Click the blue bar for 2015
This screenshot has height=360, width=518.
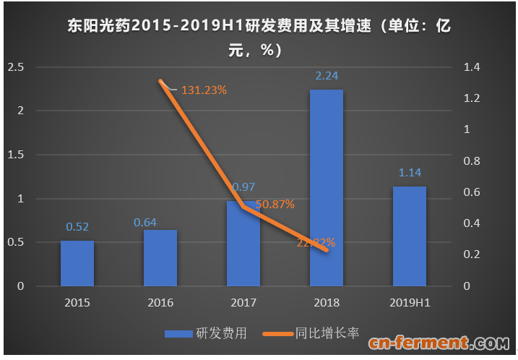(x=77, y=263)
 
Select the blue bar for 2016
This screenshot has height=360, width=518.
(x=160, y=258)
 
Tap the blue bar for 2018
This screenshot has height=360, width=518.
(x=326, y=188)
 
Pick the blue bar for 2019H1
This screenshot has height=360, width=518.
(x=409, y=236)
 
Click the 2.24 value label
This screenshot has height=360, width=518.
(x=327, y=75)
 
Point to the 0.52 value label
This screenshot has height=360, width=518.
(x=77, y=226)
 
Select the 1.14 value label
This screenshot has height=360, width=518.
(x=409, y=172)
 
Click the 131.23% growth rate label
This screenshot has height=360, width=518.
(x=204, y=90)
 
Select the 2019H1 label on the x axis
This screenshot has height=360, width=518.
(x=409, y=303)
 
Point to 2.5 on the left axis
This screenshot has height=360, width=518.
(x=15, y=67)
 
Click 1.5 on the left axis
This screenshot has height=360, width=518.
(x=15, y=155)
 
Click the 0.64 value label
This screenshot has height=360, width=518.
(x=145, y=221)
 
